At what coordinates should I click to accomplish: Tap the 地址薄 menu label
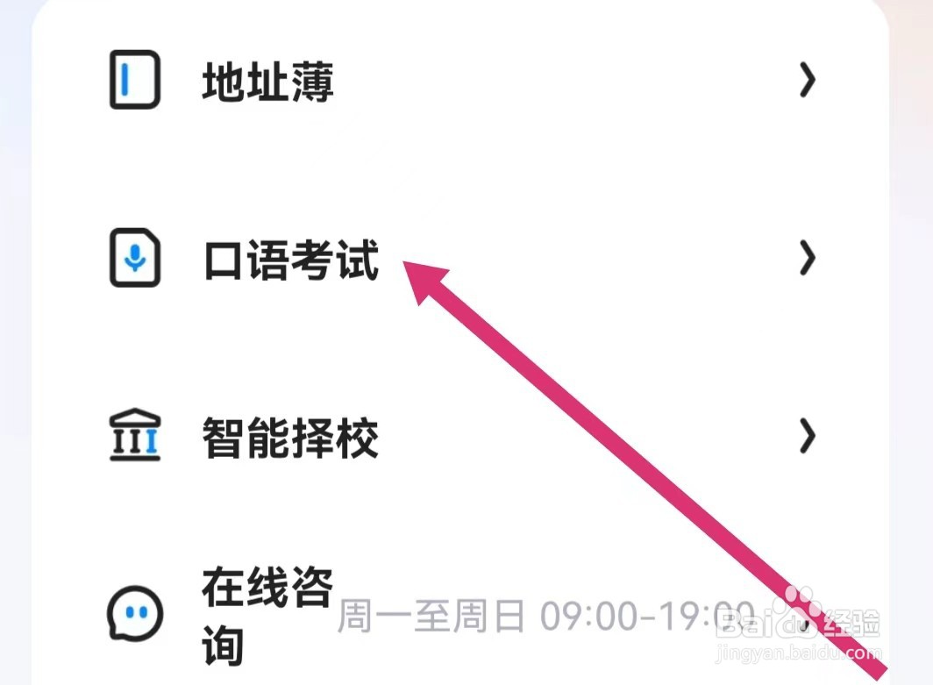tap(267, 83)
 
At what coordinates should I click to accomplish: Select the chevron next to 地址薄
tap(807, 82)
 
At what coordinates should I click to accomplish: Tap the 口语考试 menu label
tap(290, 260)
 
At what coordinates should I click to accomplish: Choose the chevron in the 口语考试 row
tap(807, 259)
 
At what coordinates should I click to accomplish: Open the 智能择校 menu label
tap(290, 438)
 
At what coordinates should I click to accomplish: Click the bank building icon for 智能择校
tap(135, 436)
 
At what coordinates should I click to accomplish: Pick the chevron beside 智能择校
tap(807, 436)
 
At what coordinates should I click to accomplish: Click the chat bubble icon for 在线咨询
tap(135, 612)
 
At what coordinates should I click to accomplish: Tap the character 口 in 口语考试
tap(224, 260)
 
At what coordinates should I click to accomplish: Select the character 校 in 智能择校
tap(357, 438)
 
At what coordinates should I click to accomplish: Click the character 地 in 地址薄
tap(224, 83)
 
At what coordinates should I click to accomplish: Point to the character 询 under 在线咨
tap(224, 646)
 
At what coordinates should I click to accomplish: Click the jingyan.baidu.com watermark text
tap(798, 654)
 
